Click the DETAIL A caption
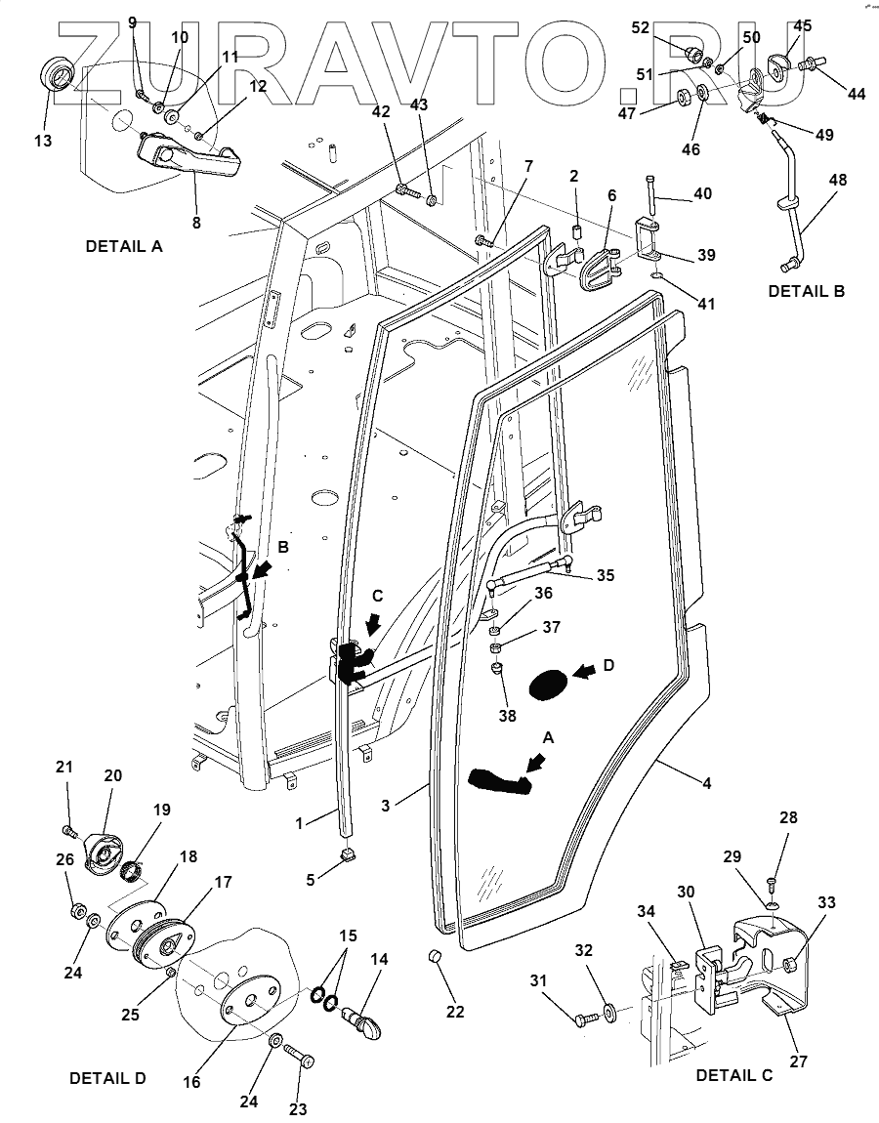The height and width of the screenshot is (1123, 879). point(124,246)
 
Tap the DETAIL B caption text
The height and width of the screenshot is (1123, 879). point(806,292)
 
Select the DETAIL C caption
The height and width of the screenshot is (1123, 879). point(734,1075)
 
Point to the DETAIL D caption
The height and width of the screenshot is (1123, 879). point(107,1078)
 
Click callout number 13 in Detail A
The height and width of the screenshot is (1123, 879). point(43,141)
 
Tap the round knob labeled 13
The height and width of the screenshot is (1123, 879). point(56,74)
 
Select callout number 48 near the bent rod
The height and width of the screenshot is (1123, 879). point(837,180)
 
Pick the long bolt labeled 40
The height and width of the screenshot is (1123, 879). point(650,193)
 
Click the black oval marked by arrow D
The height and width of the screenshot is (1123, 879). point(548,685)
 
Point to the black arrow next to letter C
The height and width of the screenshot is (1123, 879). point(373,627)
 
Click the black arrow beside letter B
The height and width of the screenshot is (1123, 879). point(263,571)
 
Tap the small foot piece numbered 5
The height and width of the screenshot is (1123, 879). point(348,853)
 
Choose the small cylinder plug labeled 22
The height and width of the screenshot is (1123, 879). point(434,957)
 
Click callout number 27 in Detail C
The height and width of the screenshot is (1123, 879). point(799,1061)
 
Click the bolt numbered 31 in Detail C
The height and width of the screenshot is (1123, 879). point(586,1017)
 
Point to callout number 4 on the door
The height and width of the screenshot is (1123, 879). point(706,783)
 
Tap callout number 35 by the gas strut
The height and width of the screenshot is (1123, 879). point(607,575)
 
